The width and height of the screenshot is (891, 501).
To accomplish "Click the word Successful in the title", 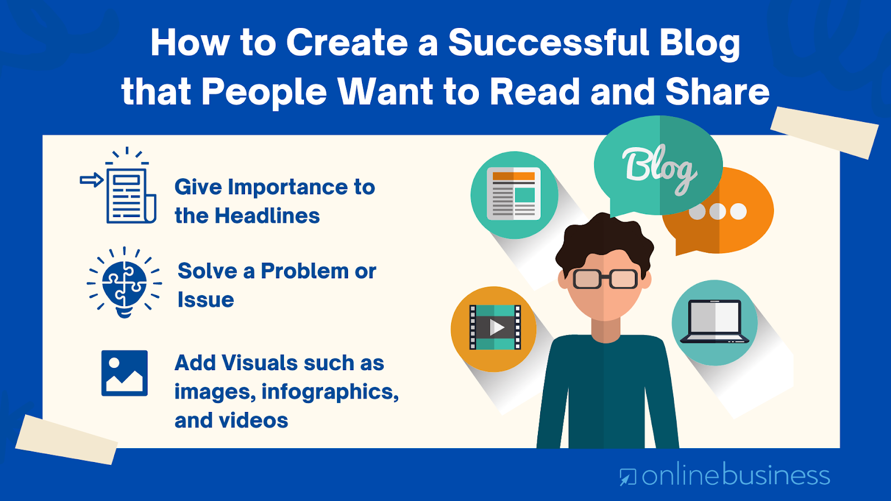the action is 549,42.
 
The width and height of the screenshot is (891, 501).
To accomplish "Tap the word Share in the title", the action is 717,92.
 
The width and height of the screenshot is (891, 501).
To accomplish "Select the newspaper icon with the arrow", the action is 119,186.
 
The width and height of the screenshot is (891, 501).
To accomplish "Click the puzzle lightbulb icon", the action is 124,283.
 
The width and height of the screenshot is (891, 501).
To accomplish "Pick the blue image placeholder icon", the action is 125,373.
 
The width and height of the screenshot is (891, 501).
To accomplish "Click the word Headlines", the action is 267,216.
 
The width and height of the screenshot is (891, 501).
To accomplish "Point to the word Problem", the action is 305,271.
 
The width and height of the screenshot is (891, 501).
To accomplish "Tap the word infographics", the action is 330,392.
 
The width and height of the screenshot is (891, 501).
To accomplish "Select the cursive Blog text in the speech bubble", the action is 659,169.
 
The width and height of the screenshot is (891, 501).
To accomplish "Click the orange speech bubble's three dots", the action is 718,211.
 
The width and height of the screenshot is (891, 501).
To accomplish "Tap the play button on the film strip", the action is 497,328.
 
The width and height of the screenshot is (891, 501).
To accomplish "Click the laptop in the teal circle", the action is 714,322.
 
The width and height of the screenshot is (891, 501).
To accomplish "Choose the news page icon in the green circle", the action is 514,194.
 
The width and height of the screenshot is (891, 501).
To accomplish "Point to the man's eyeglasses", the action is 605,278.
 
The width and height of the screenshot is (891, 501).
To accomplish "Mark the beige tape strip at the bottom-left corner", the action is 66,439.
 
